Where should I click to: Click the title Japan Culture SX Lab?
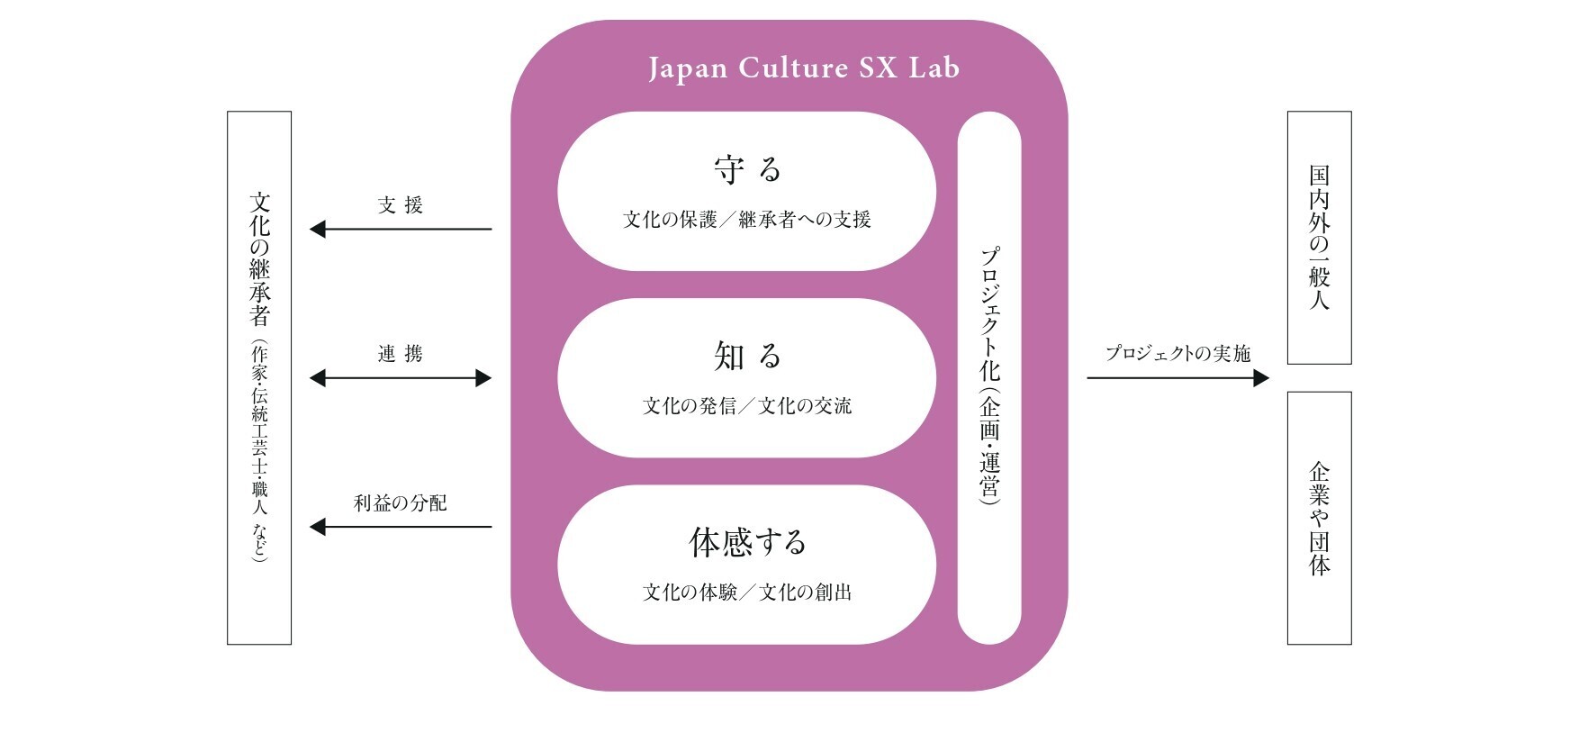(803, 68)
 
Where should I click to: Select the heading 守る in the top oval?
(747, 169)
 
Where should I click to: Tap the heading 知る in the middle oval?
(747, 357)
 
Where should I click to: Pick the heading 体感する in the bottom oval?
(747, 542)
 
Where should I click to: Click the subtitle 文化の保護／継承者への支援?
(747, 220)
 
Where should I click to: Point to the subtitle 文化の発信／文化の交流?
(747, 406)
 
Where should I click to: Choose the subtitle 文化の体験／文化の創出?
(747, 593)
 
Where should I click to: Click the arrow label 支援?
(401, 205)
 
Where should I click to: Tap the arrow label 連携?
(401, 354)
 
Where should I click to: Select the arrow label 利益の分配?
(401, 502)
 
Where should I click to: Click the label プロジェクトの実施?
(1177, 354)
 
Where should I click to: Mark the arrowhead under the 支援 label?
(318, 230)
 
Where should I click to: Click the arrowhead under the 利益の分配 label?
(318, 527)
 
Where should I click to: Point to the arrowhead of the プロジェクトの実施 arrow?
(1261, 378)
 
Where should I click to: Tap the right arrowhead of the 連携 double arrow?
(483, 378)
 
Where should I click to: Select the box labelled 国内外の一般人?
(1319, 238)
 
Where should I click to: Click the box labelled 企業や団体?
(1319, 518)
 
